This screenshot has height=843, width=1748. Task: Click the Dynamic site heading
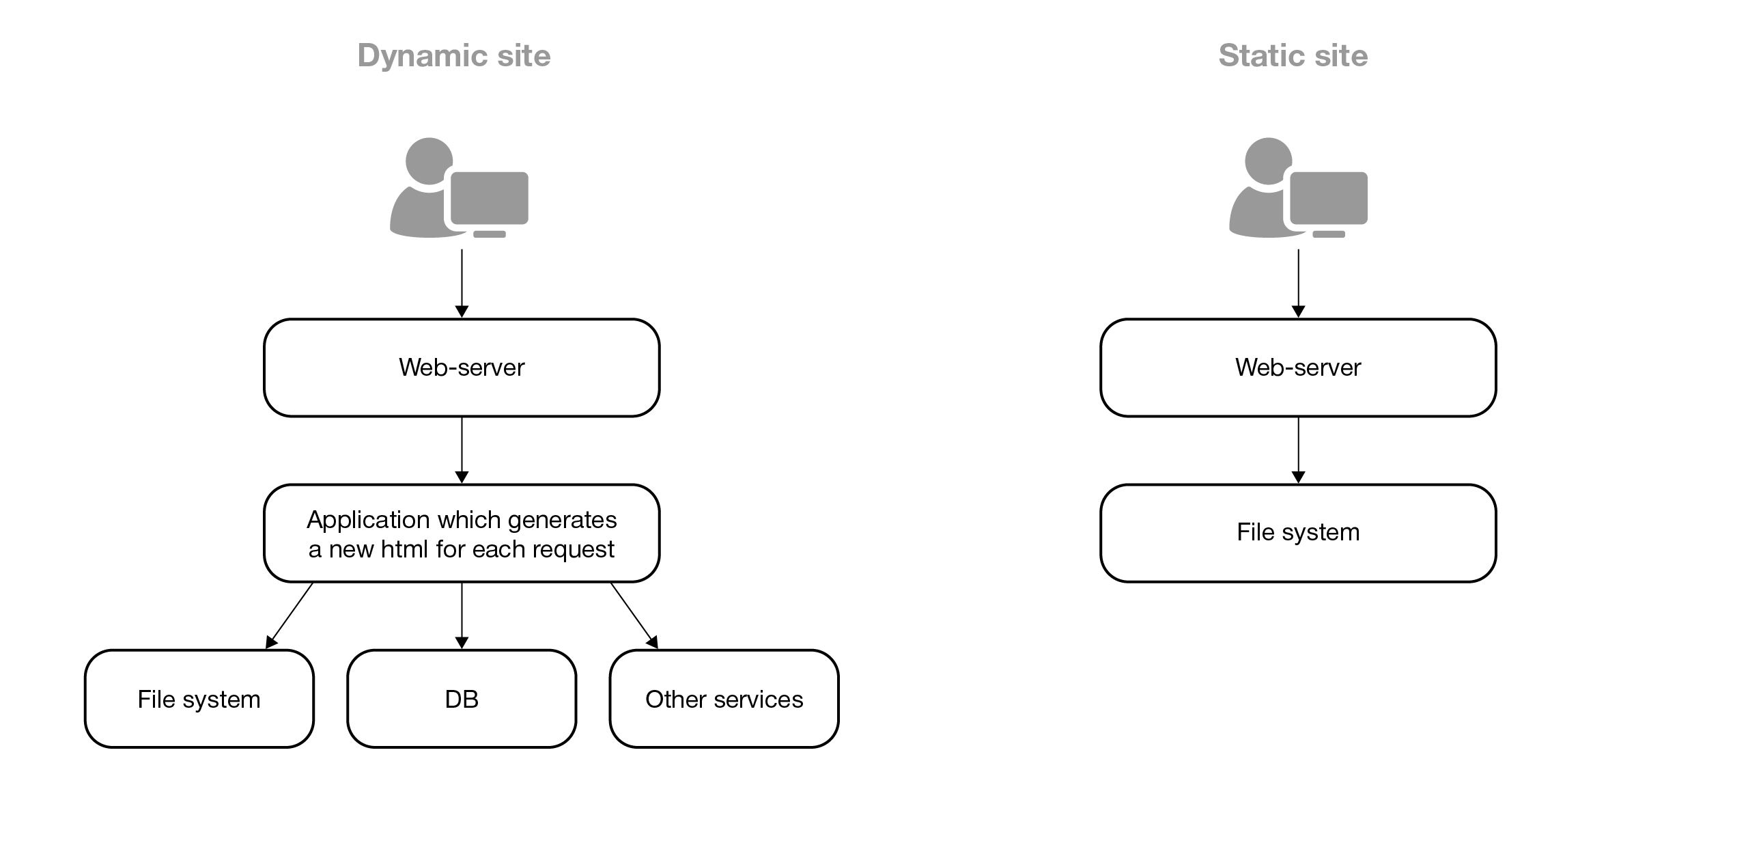coord(453,55)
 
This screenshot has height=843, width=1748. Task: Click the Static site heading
coord(1293,55)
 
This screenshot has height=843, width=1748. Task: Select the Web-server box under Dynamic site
coord(462,368)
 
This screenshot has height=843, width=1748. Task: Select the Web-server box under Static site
coord(1298,368)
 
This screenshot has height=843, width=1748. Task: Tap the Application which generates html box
coord(462,534)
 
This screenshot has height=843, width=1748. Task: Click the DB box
coord(462,699)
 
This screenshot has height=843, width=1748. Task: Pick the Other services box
coord(724,699)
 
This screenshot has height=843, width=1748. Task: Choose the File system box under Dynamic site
coord(199,699)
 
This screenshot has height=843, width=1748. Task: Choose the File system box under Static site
coord(1298,533)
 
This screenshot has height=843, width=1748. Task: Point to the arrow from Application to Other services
coord(634,614)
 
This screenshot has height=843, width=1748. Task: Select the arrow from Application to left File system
coord(290,614)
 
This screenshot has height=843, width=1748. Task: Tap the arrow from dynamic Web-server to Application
coord(462,449)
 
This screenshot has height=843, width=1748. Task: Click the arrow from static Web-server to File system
coord(1298,449)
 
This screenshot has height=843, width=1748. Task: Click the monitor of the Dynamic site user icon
coord(489,198)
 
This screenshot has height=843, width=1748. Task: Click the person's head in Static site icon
coord(1267,161)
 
